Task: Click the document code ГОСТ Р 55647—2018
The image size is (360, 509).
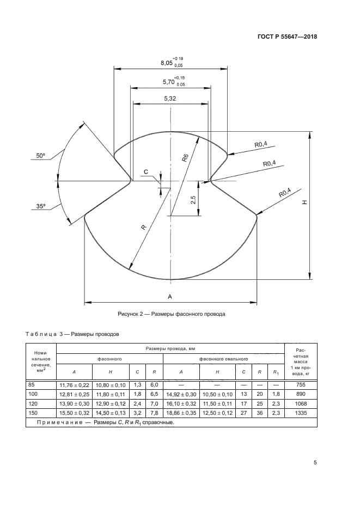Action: pyautogui.click(x=287, y=36)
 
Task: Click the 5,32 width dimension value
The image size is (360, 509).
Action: pyautogui.click(x=170, y=99)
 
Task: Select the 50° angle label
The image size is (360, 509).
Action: pyautogui.click(x=41, y=156)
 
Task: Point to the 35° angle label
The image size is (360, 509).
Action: pyautogui.click(x=41, y=206)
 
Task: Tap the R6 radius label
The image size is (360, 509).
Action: pyautogui.click(x=185, y=158)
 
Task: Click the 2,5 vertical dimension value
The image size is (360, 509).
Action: pyautogui.click(x=193, y=199)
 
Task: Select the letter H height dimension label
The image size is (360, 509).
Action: pyautogui.click(x=304, y=203)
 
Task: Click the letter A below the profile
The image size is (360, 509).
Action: pyautogui.click(x=170, y=296)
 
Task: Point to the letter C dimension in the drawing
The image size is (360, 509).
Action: pyautogui.click(x=146, y=171)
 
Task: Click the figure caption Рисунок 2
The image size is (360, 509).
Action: pyautogui.click(x=171, y=314)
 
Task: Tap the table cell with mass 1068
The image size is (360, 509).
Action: pyautogui.click(x=301, y=403)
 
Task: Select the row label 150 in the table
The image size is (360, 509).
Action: pyautogui.click(x=33, y=413)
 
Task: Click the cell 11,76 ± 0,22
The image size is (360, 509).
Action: pyautogui.click(x=74, y=385)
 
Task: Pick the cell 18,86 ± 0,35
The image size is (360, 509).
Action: pyautogui.click(x=181, y=413)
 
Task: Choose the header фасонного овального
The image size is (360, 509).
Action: pyautogui.click(x=224, y=359)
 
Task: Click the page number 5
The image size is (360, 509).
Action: pyautogui.click(x=315, y=462)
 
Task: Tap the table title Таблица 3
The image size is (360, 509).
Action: pyautogui.click(x=45, y=334)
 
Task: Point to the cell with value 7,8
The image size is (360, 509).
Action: pyautogui.click(x=154, y=413)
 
